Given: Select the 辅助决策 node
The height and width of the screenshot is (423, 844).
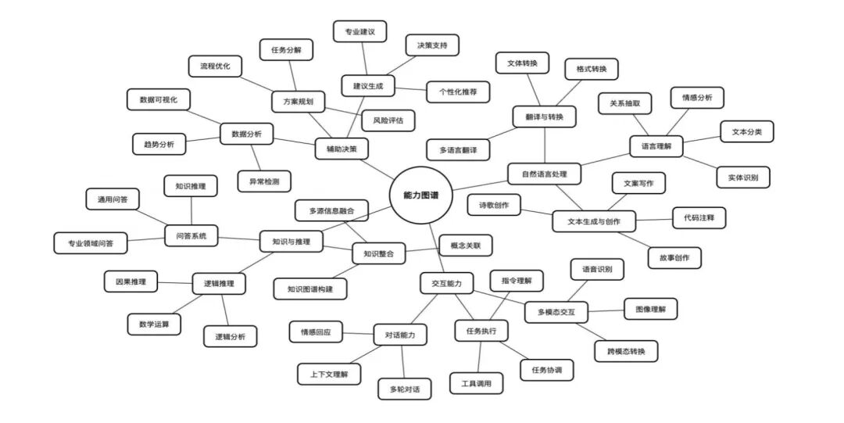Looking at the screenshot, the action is pos(342,148).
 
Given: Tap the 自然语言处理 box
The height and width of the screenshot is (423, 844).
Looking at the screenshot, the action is pos(544,173).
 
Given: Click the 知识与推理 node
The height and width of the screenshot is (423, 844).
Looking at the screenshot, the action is pos(285,242).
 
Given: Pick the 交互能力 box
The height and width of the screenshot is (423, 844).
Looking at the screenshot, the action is pos(446,282).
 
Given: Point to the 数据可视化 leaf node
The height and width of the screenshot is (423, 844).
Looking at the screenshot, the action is pos(159,100).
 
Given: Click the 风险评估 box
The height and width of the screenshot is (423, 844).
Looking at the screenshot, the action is pos(388,120).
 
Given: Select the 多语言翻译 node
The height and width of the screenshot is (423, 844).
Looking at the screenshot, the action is pos(458,149).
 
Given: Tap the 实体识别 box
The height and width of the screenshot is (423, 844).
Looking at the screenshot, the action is pos(743,177).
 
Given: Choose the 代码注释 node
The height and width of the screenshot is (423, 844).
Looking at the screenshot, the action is pos(699,217).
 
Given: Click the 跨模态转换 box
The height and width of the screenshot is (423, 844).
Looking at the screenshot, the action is pos(626,351).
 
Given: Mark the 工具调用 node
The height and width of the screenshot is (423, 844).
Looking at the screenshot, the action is pos(477,383).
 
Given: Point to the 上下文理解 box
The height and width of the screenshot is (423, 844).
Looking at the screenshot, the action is pos(329,374).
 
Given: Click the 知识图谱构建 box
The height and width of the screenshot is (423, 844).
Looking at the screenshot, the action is pos(310,289).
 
